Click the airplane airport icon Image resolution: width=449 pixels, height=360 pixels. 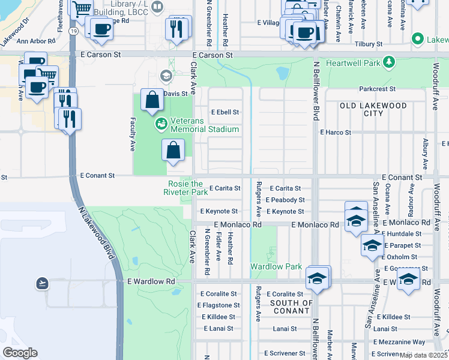(x=42, y=283)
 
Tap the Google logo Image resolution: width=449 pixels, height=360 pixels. (x=20, y=353)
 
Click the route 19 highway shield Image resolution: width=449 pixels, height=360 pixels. (x=73, y=30)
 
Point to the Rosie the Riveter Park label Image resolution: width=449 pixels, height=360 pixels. (x=185, y=188)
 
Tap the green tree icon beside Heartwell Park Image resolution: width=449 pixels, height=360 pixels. (x=389, y=62)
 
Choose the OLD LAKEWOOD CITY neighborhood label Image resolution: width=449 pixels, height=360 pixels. (x=370, y=109)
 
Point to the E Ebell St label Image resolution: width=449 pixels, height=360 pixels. (x=225, y=112)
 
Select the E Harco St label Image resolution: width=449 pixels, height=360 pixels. (x=335, y=132)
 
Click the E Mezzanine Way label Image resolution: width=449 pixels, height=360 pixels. (x=399, y=341)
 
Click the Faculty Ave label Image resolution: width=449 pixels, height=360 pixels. (x=132, y=134)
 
